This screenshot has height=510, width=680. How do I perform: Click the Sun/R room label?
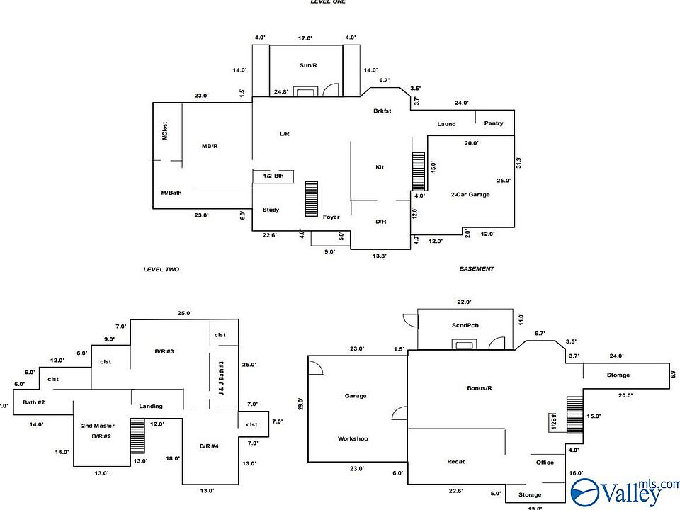coord(307,65)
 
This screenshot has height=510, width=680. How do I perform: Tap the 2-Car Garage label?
coord(470,194)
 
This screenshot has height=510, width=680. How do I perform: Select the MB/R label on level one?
coord(210,146)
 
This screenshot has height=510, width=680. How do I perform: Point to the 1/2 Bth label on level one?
coord(273,176)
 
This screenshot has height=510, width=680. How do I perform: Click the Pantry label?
coord(494,123)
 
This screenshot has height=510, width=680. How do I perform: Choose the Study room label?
coord(271,210)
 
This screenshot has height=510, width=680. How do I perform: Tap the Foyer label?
coord(331,217)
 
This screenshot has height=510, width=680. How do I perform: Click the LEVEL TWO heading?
coord(161,269)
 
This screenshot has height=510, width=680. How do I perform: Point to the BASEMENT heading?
coord(477,269)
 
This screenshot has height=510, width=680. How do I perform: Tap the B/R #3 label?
coord(164,351)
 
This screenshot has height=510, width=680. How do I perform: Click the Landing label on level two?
coord(151,406)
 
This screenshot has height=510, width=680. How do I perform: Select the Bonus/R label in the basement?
coord(480,388)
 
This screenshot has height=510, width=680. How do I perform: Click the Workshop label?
coord(353,438)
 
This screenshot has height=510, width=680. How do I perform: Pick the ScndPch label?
coord(465,325)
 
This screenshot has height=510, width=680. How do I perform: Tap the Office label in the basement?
coord(545,463)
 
